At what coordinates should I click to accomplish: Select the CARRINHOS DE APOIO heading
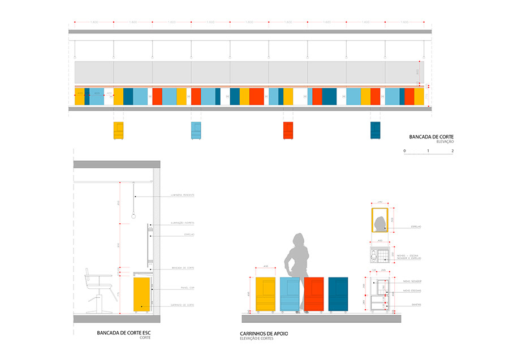click(264, 334)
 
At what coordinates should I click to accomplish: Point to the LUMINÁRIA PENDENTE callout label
click(183, 194)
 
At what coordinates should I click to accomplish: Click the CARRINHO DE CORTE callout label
click(182, 305)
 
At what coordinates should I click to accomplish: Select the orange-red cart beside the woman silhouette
click(314, 294)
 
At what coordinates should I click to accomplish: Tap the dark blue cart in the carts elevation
click(338, 294)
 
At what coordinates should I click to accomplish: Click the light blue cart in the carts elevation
click(290, 294)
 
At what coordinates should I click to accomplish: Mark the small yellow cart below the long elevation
click(119, 131)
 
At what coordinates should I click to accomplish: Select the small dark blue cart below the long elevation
click(376, 131)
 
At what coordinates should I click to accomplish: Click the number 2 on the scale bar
click(453, 151)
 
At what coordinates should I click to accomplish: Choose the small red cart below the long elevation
click(288, 131)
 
